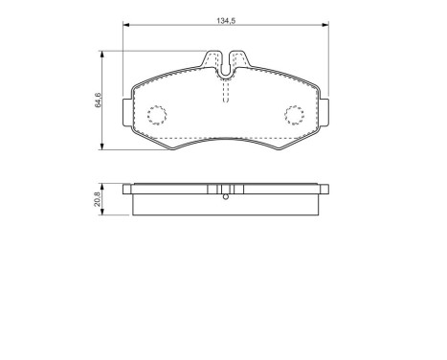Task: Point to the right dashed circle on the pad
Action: coord(295,115)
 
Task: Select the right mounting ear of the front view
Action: coord(324,114)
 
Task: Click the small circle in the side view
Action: coord(226,197)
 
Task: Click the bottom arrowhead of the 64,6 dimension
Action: coord(104,146)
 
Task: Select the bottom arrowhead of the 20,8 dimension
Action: coord(104,214)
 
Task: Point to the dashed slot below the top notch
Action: coord(226,92)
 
